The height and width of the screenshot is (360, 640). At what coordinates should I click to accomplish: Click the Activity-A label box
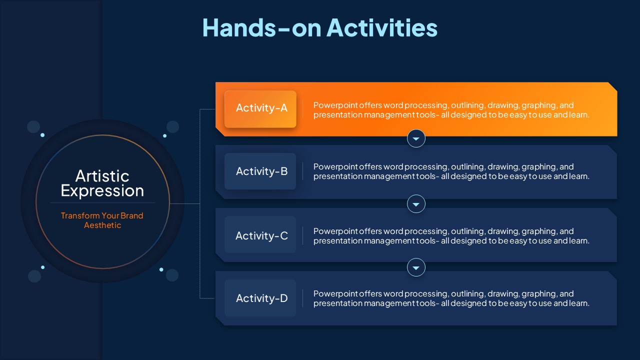260,109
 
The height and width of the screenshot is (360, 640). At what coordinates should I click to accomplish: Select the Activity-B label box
260,171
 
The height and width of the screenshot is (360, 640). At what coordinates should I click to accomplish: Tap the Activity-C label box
260,234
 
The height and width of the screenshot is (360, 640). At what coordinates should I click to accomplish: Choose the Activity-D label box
260,298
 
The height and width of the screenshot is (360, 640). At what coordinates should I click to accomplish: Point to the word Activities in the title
382,27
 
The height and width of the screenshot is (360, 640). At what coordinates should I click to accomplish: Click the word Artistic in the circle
102,176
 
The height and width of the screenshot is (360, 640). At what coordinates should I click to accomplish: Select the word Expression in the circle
102,191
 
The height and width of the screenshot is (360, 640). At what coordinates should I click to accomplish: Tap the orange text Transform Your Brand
102,215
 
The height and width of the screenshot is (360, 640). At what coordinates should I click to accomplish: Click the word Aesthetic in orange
102,225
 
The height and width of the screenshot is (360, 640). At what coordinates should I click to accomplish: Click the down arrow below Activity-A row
416,138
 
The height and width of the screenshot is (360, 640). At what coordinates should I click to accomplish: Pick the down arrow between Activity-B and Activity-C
416,204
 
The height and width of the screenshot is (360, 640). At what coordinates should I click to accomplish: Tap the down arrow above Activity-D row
416,267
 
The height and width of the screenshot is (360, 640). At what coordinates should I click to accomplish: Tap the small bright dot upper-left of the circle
42,135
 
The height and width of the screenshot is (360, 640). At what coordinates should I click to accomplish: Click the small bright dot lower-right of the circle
161,269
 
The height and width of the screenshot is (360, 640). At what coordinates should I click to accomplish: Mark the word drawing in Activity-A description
503,105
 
